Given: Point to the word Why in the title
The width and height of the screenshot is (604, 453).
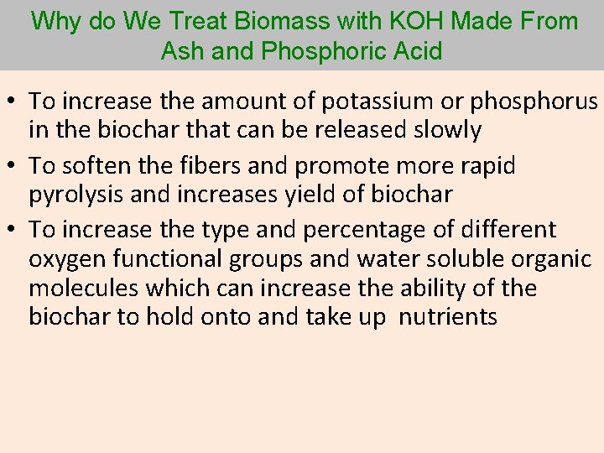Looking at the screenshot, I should point(54,21).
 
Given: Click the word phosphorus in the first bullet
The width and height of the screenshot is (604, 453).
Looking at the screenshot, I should point(536,102).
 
